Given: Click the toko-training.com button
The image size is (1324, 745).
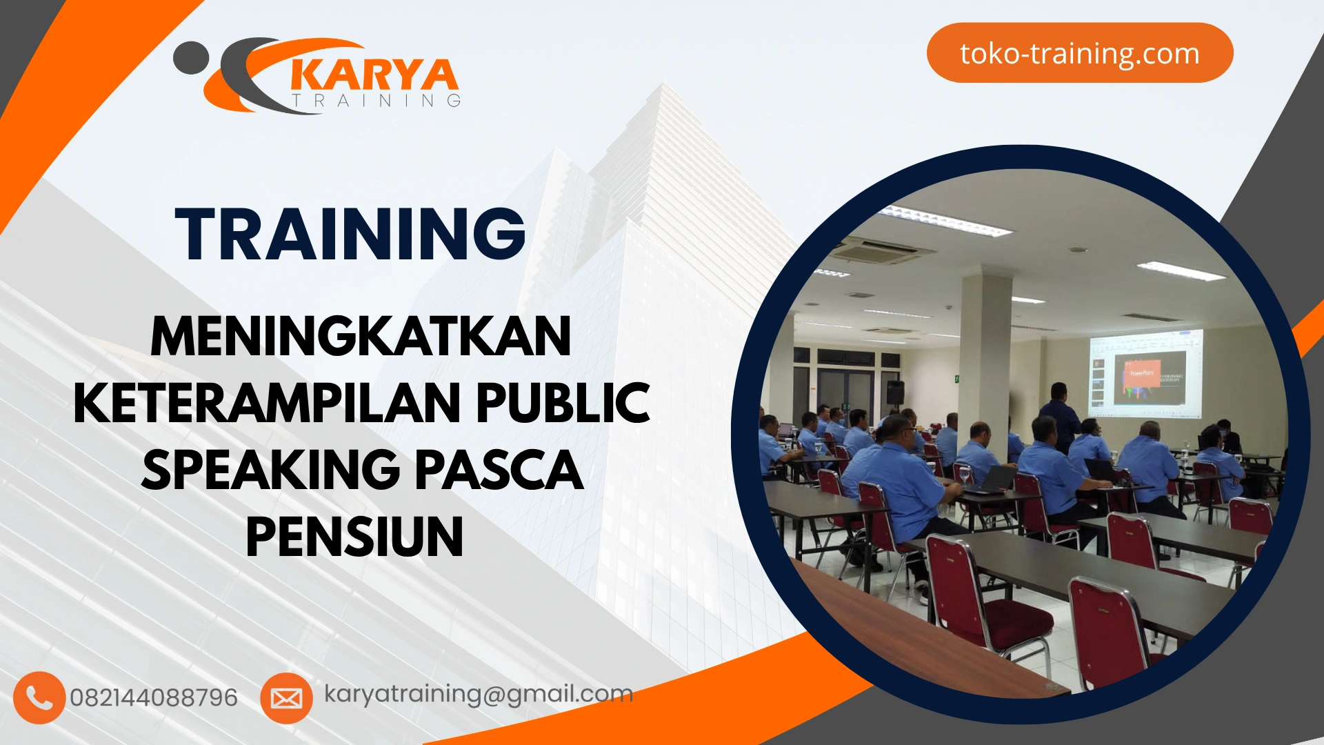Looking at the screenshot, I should [x=1079, y=53].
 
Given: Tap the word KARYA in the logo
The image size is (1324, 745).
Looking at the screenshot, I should [x=373, y=75].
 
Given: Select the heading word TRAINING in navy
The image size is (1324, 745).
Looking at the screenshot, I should [x=350, y=234].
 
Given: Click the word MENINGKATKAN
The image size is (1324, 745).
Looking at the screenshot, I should [x=361, y=337].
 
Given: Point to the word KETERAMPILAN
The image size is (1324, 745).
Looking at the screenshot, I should [x=266, y=404].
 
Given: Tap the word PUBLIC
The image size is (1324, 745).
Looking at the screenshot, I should [x=563, y=404].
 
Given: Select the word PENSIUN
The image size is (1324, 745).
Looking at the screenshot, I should [x=354, y=537].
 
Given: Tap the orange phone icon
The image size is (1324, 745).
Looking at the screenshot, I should [x=39, y=697].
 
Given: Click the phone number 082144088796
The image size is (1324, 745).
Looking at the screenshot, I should [x=154, y=698].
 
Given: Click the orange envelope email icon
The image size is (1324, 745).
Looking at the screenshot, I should [x=286, y=698].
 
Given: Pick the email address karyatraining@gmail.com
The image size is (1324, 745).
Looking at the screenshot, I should [x=479, y=694].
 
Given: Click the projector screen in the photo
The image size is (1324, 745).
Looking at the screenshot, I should [x=1145, y=373].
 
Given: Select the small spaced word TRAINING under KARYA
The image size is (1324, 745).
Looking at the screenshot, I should [x=377, y=101].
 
